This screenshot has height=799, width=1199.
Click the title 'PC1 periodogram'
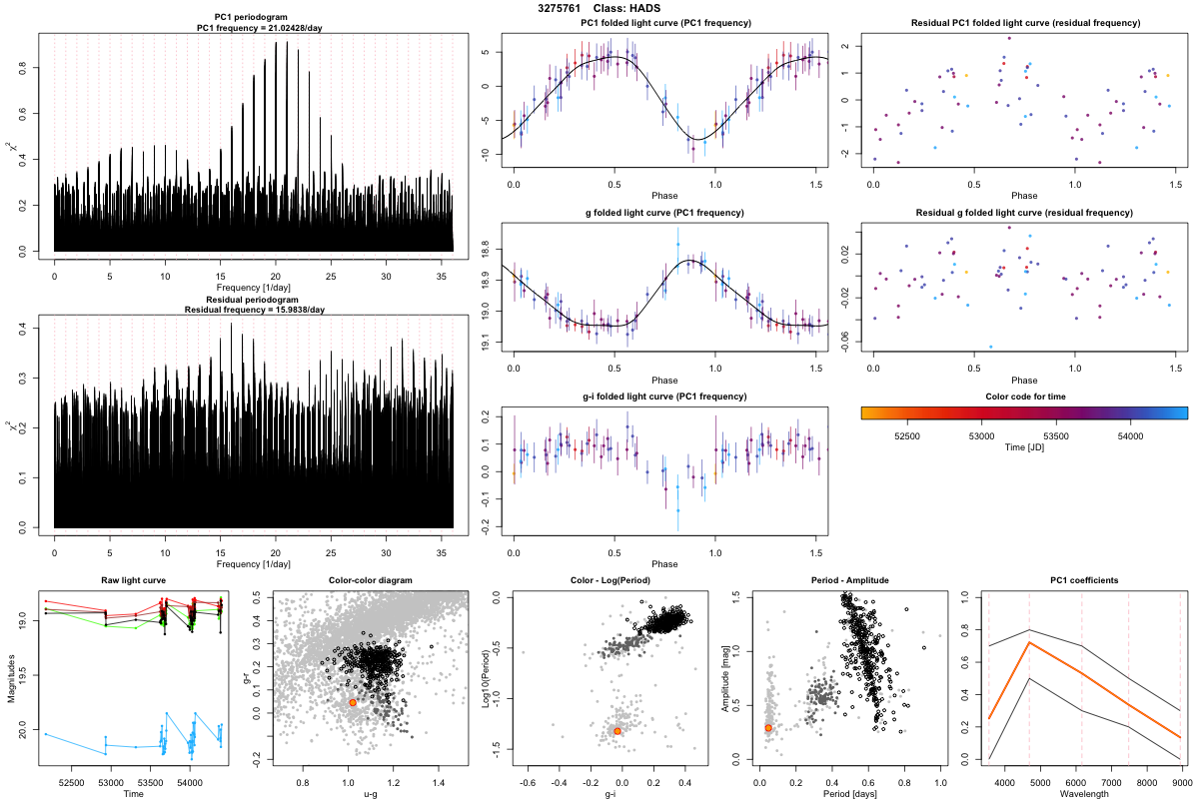click(x=254, y=18)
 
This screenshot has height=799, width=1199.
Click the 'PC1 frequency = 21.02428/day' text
click(x=254, y=28)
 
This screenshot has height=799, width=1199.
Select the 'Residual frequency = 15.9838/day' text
click(x=254, y=310)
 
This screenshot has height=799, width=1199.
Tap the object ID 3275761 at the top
click(x=560, y=8)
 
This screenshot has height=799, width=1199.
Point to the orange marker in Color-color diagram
click(x=353, y=703)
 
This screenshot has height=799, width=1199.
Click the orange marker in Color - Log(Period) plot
click(x=617, y=731)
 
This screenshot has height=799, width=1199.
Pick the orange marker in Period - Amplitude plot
click(x=768, y=728)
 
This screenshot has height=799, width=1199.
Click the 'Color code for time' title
click(x=1024, y=397)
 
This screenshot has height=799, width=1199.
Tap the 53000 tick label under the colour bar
click(x=982, y=435)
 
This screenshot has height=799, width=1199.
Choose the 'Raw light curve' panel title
click(x=133, y=580)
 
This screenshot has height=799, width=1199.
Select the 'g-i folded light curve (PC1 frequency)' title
click(x=664, y=397)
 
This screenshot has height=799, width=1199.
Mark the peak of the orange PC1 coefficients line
click(x=1029, y=642)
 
